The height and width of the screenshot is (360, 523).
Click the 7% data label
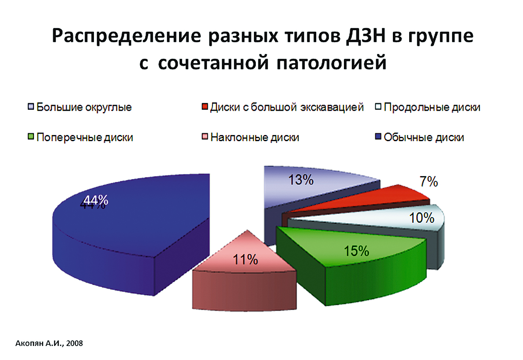pyautogui.click(x=429, y=181)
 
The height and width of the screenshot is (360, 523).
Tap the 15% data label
pyautogui.click(x=356, y=251)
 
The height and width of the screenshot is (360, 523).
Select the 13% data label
pyautogui.click(x=301, y=180)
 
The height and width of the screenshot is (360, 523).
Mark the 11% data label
pyautogui.click(x=245, y=259)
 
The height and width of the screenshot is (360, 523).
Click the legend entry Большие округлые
pyautogui.click(x=80, y=107)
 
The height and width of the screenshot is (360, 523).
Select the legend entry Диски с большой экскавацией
pyautogui.click(x=283, y=107)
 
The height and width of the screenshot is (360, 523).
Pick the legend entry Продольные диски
pyautogui.click(x=428, y=107)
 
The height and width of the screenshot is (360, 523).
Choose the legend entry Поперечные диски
pyautogui.click(x=80, y=137)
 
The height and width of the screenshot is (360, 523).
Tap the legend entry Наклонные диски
pyautogui.click(x=250, y=137)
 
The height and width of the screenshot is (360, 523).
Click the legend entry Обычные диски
pyautogui.click(x=420, y=137)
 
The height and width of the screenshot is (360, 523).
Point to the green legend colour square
pyautogui.click(x=31, y=137)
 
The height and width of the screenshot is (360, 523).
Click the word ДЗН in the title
pyautogui.click(x=366, y=35)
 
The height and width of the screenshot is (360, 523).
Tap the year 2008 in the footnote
pyautogui.click(x=75, y=343)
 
